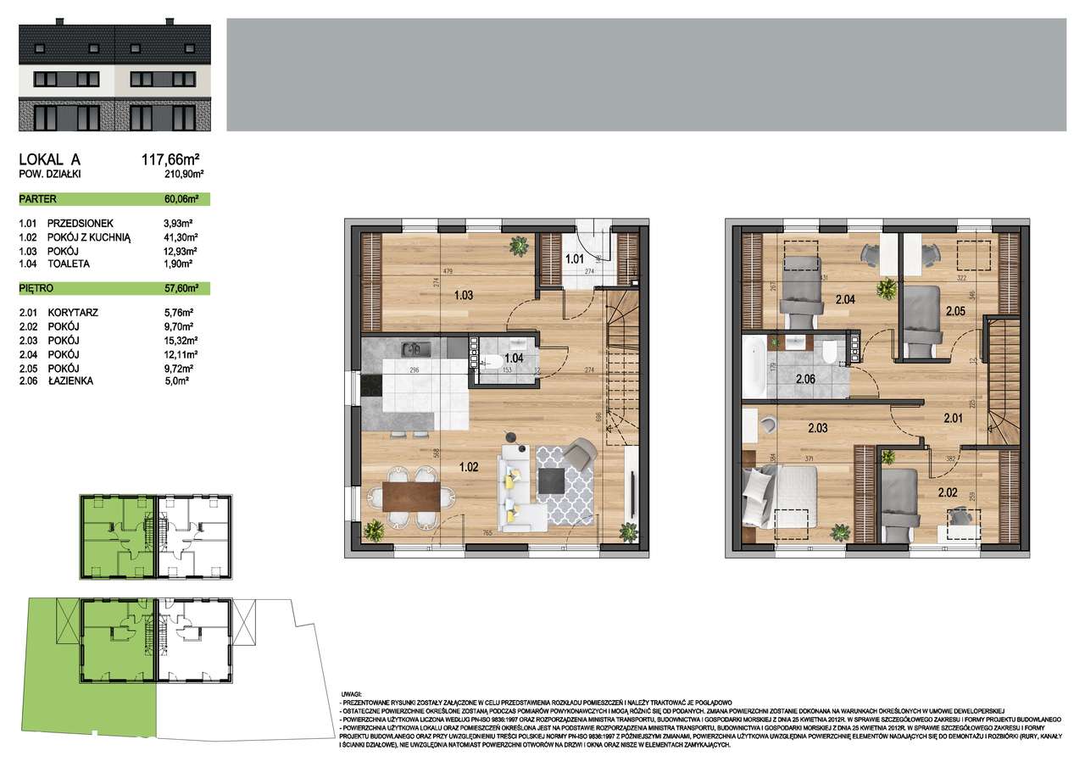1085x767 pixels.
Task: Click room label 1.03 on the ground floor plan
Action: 463,297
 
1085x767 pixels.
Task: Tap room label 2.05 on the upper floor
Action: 957,310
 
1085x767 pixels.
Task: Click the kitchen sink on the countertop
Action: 414,347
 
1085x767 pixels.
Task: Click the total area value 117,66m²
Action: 170,158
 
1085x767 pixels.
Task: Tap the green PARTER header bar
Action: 114,200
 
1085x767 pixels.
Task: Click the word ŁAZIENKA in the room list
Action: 70,381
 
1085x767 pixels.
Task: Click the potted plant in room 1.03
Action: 516,247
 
